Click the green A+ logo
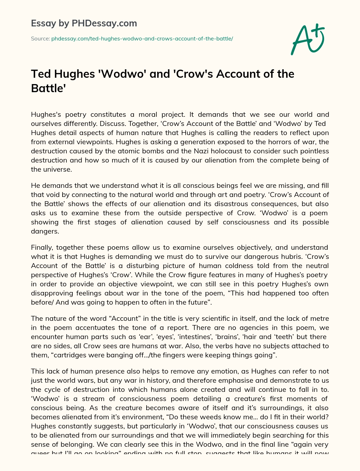click(307, 39)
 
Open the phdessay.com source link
click(142, 39)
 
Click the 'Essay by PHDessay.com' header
click(84, 23)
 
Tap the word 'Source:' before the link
click(40, 39)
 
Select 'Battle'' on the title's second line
click(49, 88)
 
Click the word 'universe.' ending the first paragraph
click(51, 169)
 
